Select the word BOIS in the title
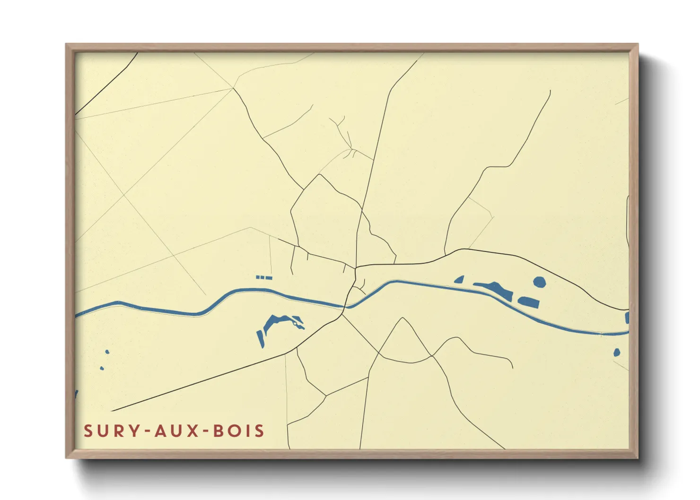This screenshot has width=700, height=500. (x=238, y=431)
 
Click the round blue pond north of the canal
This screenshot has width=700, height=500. (x=540, y=282)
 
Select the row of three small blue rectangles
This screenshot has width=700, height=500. (x=264, y=277)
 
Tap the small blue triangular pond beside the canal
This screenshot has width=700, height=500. (x=459, y=280)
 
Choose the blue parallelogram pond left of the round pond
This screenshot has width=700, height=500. (x=529, y=302)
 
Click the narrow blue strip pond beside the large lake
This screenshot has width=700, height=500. (x=260, y=338)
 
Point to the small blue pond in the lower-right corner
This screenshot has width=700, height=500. (x=617, y=353)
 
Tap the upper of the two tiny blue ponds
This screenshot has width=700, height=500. (x=107, y=352)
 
